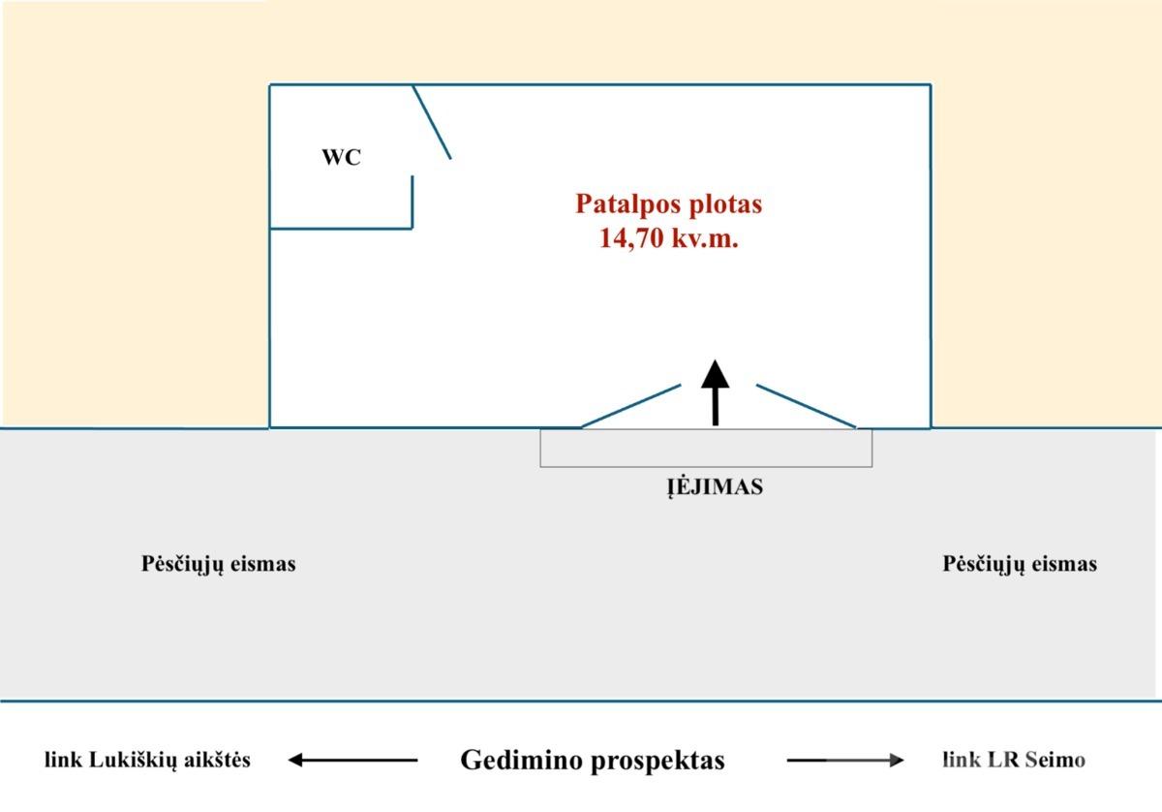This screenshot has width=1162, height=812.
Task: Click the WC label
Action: pyautogui.click(x=341, y=157)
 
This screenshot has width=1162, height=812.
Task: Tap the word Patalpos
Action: pyautogui.click(x=621, y=204)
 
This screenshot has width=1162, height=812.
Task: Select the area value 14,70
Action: pyautogui.click(x=631, y=238)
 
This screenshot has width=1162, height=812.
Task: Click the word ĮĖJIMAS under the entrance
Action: pyautogui.click(x=715, y=487)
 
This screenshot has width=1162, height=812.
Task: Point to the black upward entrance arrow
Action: pyautogui.click(x=716, y=392)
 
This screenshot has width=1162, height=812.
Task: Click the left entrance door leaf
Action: pyautogui.click(x=630, y=406)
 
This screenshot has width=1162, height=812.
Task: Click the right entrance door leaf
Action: pyautogui.click(x=806, y=406)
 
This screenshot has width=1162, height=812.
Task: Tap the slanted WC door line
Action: pyautogui.click(x=432, y=122)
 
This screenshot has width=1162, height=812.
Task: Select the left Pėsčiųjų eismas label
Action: pyautogui.click(x=219, y=564)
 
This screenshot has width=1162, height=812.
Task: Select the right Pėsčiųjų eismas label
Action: pyautogui.click(x=1020, y=564)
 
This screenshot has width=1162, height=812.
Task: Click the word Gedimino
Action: pyautogui.click(x=521, y=760)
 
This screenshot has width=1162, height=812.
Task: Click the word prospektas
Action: pyautogui.click(x=657, y=762)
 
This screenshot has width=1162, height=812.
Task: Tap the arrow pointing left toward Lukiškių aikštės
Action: pyautogui.click(x=352, y=760)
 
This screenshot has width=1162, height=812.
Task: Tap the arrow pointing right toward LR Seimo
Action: pyautogui.click(x=845, y=760)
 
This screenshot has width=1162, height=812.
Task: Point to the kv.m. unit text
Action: pyautogui.click(x=705, y=238)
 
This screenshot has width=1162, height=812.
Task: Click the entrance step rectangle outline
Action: pyautogui.click(x=706, y=467)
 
